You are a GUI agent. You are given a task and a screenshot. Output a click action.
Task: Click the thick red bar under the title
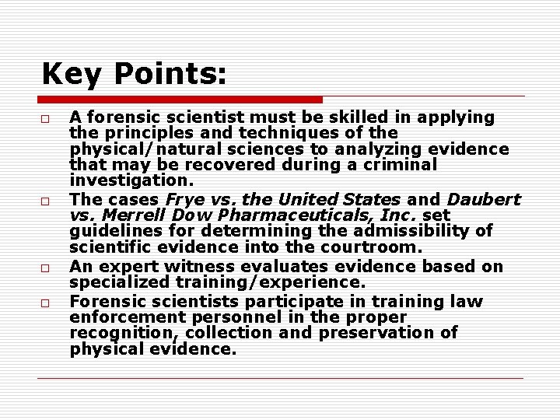click(180, 100)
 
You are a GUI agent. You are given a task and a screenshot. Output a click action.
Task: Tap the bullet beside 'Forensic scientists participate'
click(46, 303)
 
